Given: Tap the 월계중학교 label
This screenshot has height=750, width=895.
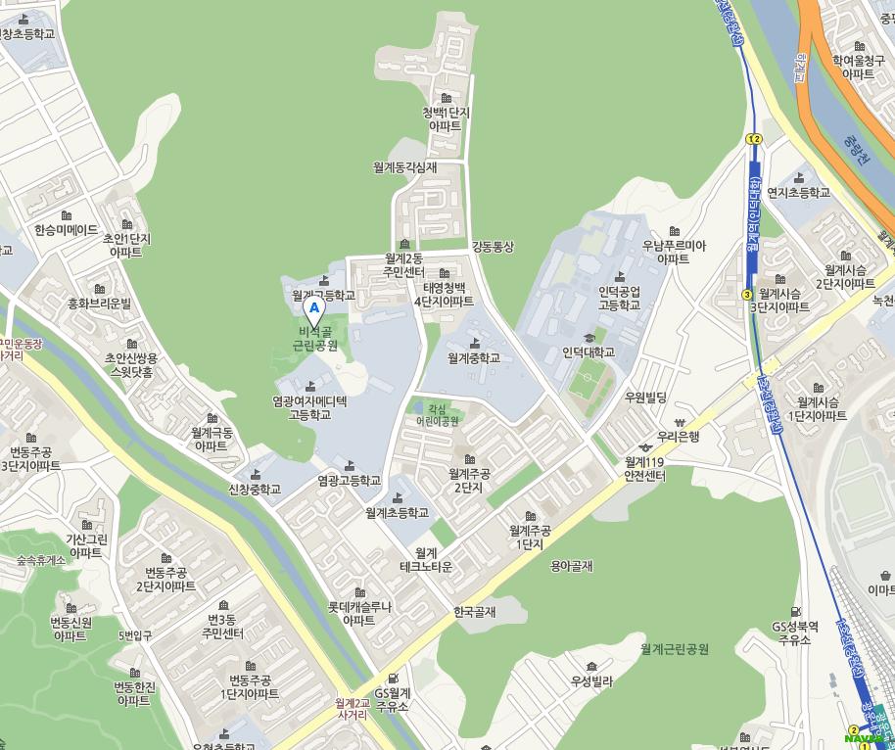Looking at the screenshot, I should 474,358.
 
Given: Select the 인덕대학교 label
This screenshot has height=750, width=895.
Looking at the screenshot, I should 589,352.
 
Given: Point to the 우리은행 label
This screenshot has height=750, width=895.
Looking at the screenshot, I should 678,437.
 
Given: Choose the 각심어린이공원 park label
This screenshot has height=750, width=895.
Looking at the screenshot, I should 437,415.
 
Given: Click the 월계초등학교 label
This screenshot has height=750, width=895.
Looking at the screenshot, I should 397,512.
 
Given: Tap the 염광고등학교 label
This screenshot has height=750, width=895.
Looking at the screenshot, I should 350,481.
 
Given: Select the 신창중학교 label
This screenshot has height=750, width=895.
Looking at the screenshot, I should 255,489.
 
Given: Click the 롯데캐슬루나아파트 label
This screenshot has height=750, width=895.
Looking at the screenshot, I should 359,613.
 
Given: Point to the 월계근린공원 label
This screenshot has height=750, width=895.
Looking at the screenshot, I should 675,648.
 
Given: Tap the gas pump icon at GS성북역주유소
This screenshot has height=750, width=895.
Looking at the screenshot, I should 795,612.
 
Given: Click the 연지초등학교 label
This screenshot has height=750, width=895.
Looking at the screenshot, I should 798,192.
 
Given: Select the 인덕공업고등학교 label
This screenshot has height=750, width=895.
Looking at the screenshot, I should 620,298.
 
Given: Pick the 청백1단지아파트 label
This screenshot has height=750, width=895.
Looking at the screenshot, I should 446,118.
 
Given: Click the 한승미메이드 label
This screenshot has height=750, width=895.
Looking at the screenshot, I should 67,230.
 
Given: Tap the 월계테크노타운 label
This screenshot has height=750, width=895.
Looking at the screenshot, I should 426,560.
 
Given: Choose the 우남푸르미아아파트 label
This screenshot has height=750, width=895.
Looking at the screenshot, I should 674,252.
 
